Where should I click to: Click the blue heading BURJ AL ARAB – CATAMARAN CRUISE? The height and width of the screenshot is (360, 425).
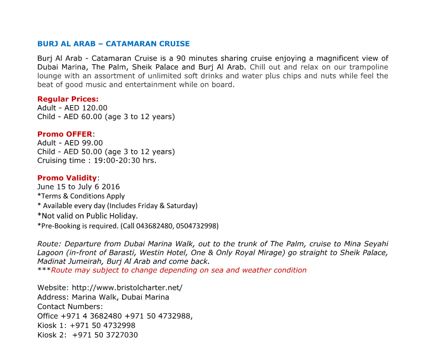[113, 43]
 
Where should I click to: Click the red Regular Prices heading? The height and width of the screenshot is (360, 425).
[68, 99]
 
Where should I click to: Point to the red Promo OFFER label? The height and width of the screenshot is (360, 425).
[64, 134]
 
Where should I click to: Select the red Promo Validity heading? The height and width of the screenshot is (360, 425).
[67, 178]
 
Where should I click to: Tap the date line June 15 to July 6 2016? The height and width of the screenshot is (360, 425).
[78, 187]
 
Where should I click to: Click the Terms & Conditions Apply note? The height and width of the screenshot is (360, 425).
[81, 196]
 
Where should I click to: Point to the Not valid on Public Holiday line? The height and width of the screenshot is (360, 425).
[87, 216]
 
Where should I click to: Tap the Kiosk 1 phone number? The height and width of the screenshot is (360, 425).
[102, 325]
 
